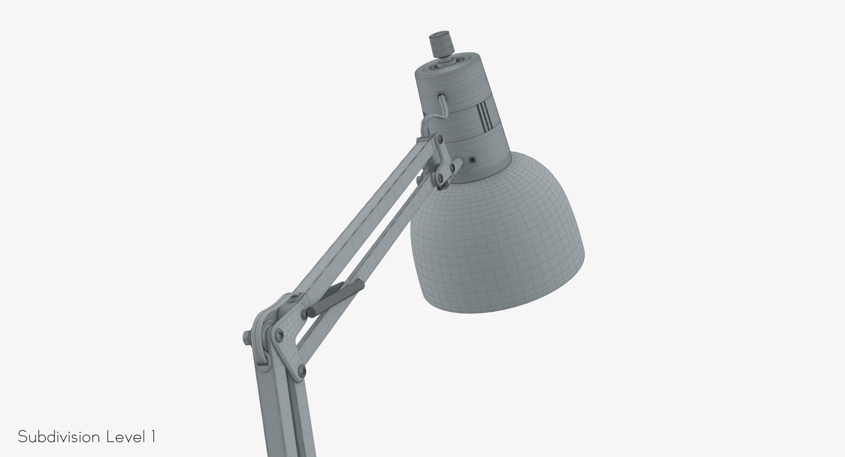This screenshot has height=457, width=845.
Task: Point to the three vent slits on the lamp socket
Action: pos(483,115)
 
